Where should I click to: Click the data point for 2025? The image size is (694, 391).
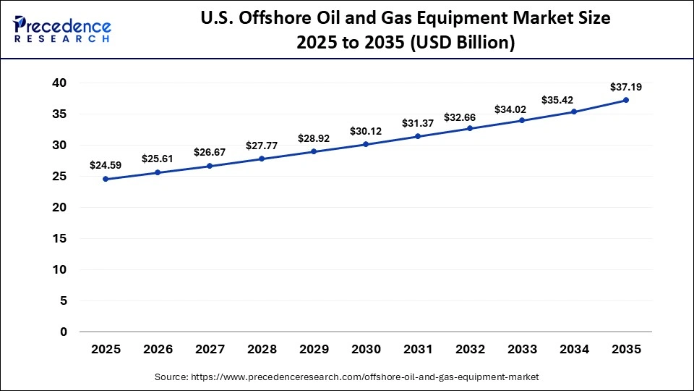point(106,179)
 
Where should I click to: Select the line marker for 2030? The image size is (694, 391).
point(366,144)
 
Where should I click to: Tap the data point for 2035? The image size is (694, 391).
point(626,100)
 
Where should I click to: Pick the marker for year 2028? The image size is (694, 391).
point(262,159)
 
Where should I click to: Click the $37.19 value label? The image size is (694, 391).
point(626,87)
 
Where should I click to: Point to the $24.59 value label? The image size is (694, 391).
point(106,165)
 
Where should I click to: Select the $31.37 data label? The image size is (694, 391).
point(418,122)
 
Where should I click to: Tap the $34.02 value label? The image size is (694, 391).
point(522,109)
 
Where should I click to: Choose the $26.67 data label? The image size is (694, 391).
point(210,152)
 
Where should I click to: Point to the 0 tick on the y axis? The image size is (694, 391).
point(64,332)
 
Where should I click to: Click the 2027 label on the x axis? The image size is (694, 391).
point(210,349)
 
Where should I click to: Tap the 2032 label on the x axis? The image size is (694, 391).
point(470,349)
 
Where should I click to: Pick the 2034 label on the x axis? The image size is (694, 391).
point(574,349)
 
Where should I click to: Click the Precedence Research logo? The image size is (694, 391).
point(62,30)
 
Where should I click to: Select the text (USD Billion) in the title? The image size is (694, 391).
point(462,43)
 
